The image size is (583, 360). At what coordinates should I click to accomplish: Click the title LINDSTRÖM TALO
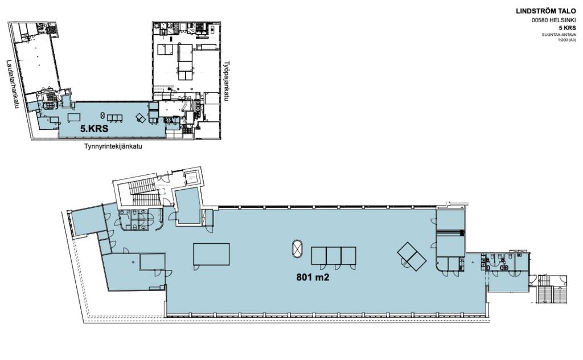click(x=546, y=11)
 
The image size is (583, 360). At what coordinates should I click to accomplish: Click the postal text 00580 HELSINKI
click(x=554, y=21)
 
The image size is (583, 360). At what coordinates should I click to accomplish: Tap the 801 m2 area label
click(x=313, y=277)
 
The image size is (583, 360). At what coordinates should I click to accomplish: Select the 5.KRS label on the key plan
click(x=95, y=129)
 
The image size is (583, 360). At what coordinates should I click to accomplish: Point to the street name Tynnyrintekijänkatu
click(x=113, y=146)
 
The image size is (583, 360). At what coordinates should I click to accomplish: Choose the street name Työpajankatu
click(x=227, y=81)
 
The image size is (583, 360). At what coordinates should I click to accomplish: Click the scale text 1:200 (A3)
click(x=567, y=39)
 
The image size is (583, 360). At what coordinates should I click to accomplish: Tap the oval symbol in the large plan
click(x=297, y=249)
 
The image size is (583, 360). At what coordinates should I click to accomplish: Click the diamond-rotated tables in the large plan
click(x=412, y=256)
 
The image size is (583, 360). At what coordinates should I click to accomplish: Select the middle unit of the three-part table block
click(x=334, y=256)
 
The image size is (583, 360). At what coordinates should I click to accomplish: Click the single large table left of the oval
click(x=211, y=254)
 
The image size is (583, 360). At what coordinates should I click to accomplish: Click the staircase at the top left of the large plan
click(x=142, y=193)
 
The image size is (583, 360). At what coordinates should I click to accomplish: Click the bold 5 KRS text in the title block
click(x=568, y=28)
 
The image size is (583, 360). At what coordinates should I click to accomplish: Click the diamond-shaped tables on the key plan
click(x=141, y=118)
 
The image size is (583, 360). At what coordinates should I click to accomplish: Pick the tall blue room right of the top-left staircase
click(x=188, y=206)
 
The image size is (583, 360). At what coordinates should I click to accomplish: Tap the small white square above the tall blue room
click(x=192, y=177)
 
